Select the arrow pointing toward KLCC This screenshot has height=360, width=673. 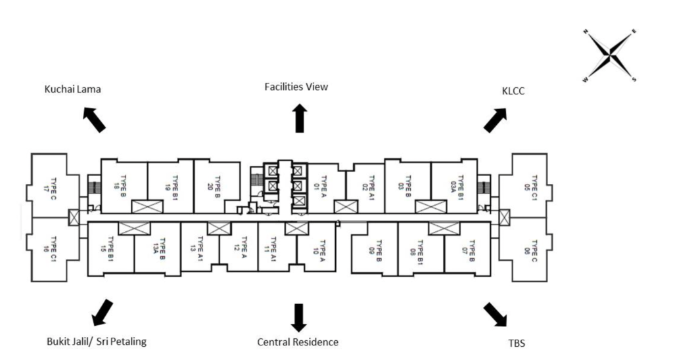click(496, 120)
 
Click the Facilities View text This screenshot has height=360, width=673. click(296, 87)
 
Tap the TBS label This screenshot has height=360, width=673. click(517, 343)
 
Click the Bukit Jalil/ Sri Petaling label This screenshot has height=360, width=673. click(96, 342)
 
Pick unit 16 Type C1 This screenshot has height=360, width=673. click(50, 248)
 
